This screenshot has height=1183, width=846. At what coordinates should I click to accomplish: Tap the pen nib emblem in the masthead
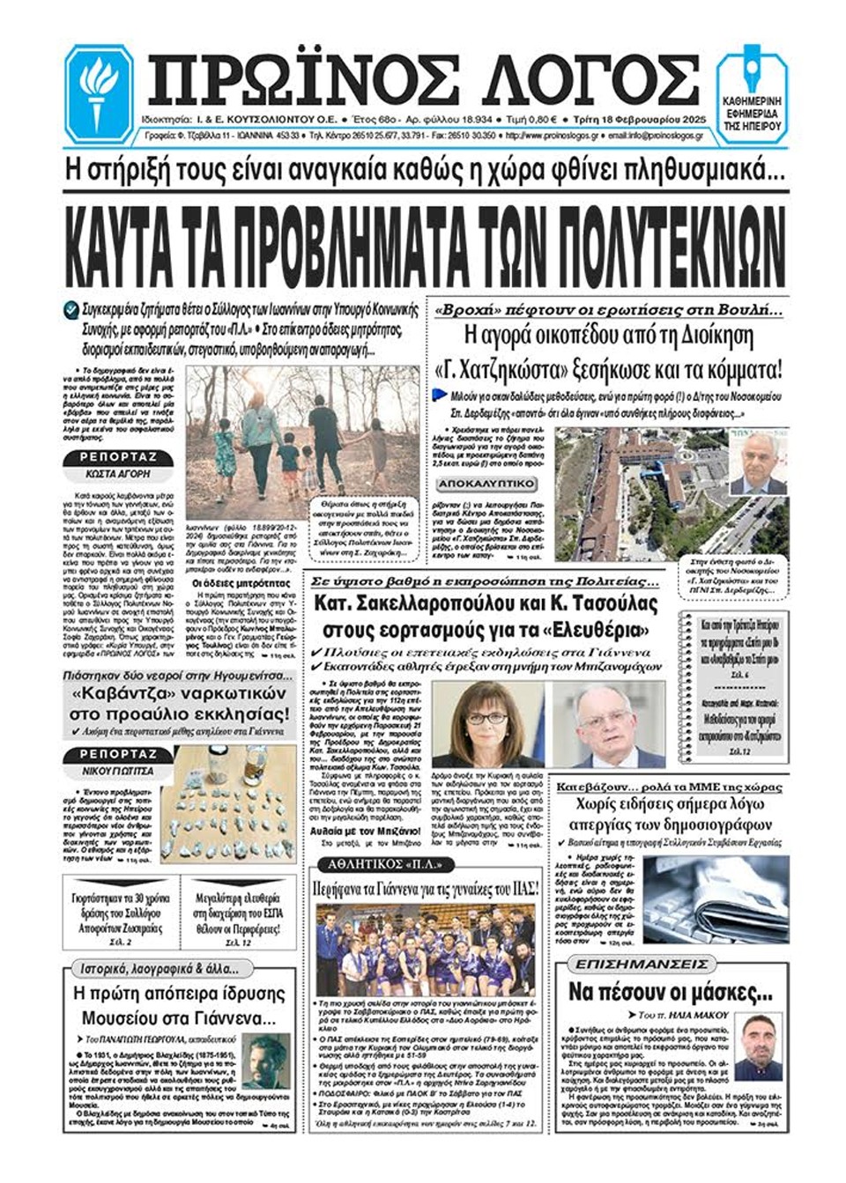coord(752,68)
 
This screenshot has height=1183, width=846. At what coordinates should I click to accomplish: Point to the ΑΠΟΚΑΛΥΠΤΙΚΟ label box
coord(486,484)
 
